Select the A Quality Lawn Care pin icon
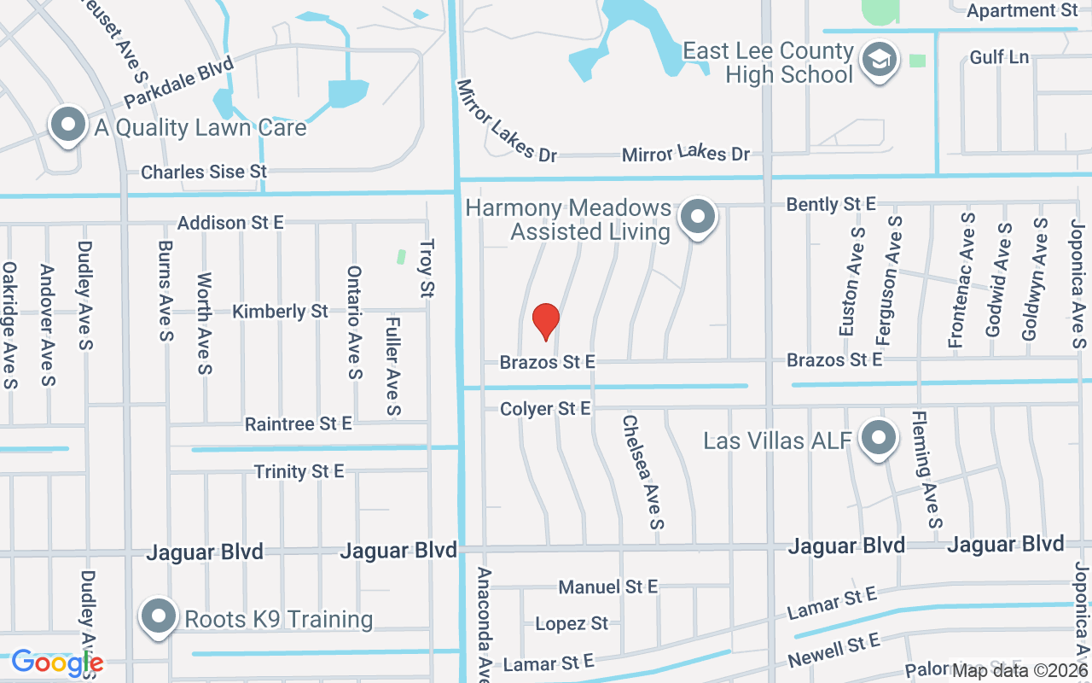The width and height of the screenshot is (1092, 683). (68, 126)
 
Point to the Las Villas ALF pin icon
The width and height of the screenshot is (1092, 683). (878, 439)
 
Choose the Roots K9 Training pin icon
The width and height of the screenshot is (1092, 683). (158, 617)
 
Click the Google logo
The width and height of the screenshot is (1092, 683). (57, 663)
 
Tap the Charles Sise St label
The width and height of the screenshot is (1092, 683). (204, 172)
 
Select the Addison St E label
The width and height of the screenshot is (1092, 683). (230, 223)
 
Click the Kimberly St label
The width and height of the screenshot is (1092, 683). (280, 312)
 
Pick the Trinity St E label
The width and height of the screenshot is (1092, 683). (299, 471)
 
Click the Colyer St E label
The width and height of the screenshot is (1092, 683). (545, 410)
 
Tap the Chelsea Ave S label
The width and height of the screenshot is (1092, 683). (642, 471)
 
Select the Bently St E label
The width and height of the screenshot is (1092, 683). (831, 204)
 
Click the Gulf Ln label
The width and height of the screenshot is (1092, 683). (999, 58)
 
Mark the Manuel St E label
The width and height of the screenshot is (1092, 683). (607, 587)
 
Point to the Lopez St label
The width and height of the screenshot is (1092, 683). (572, 624)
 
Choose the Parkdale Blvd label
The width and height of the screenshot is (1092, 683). (167, 83)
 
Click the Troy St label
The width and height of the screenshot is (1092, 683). (427, 268)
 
